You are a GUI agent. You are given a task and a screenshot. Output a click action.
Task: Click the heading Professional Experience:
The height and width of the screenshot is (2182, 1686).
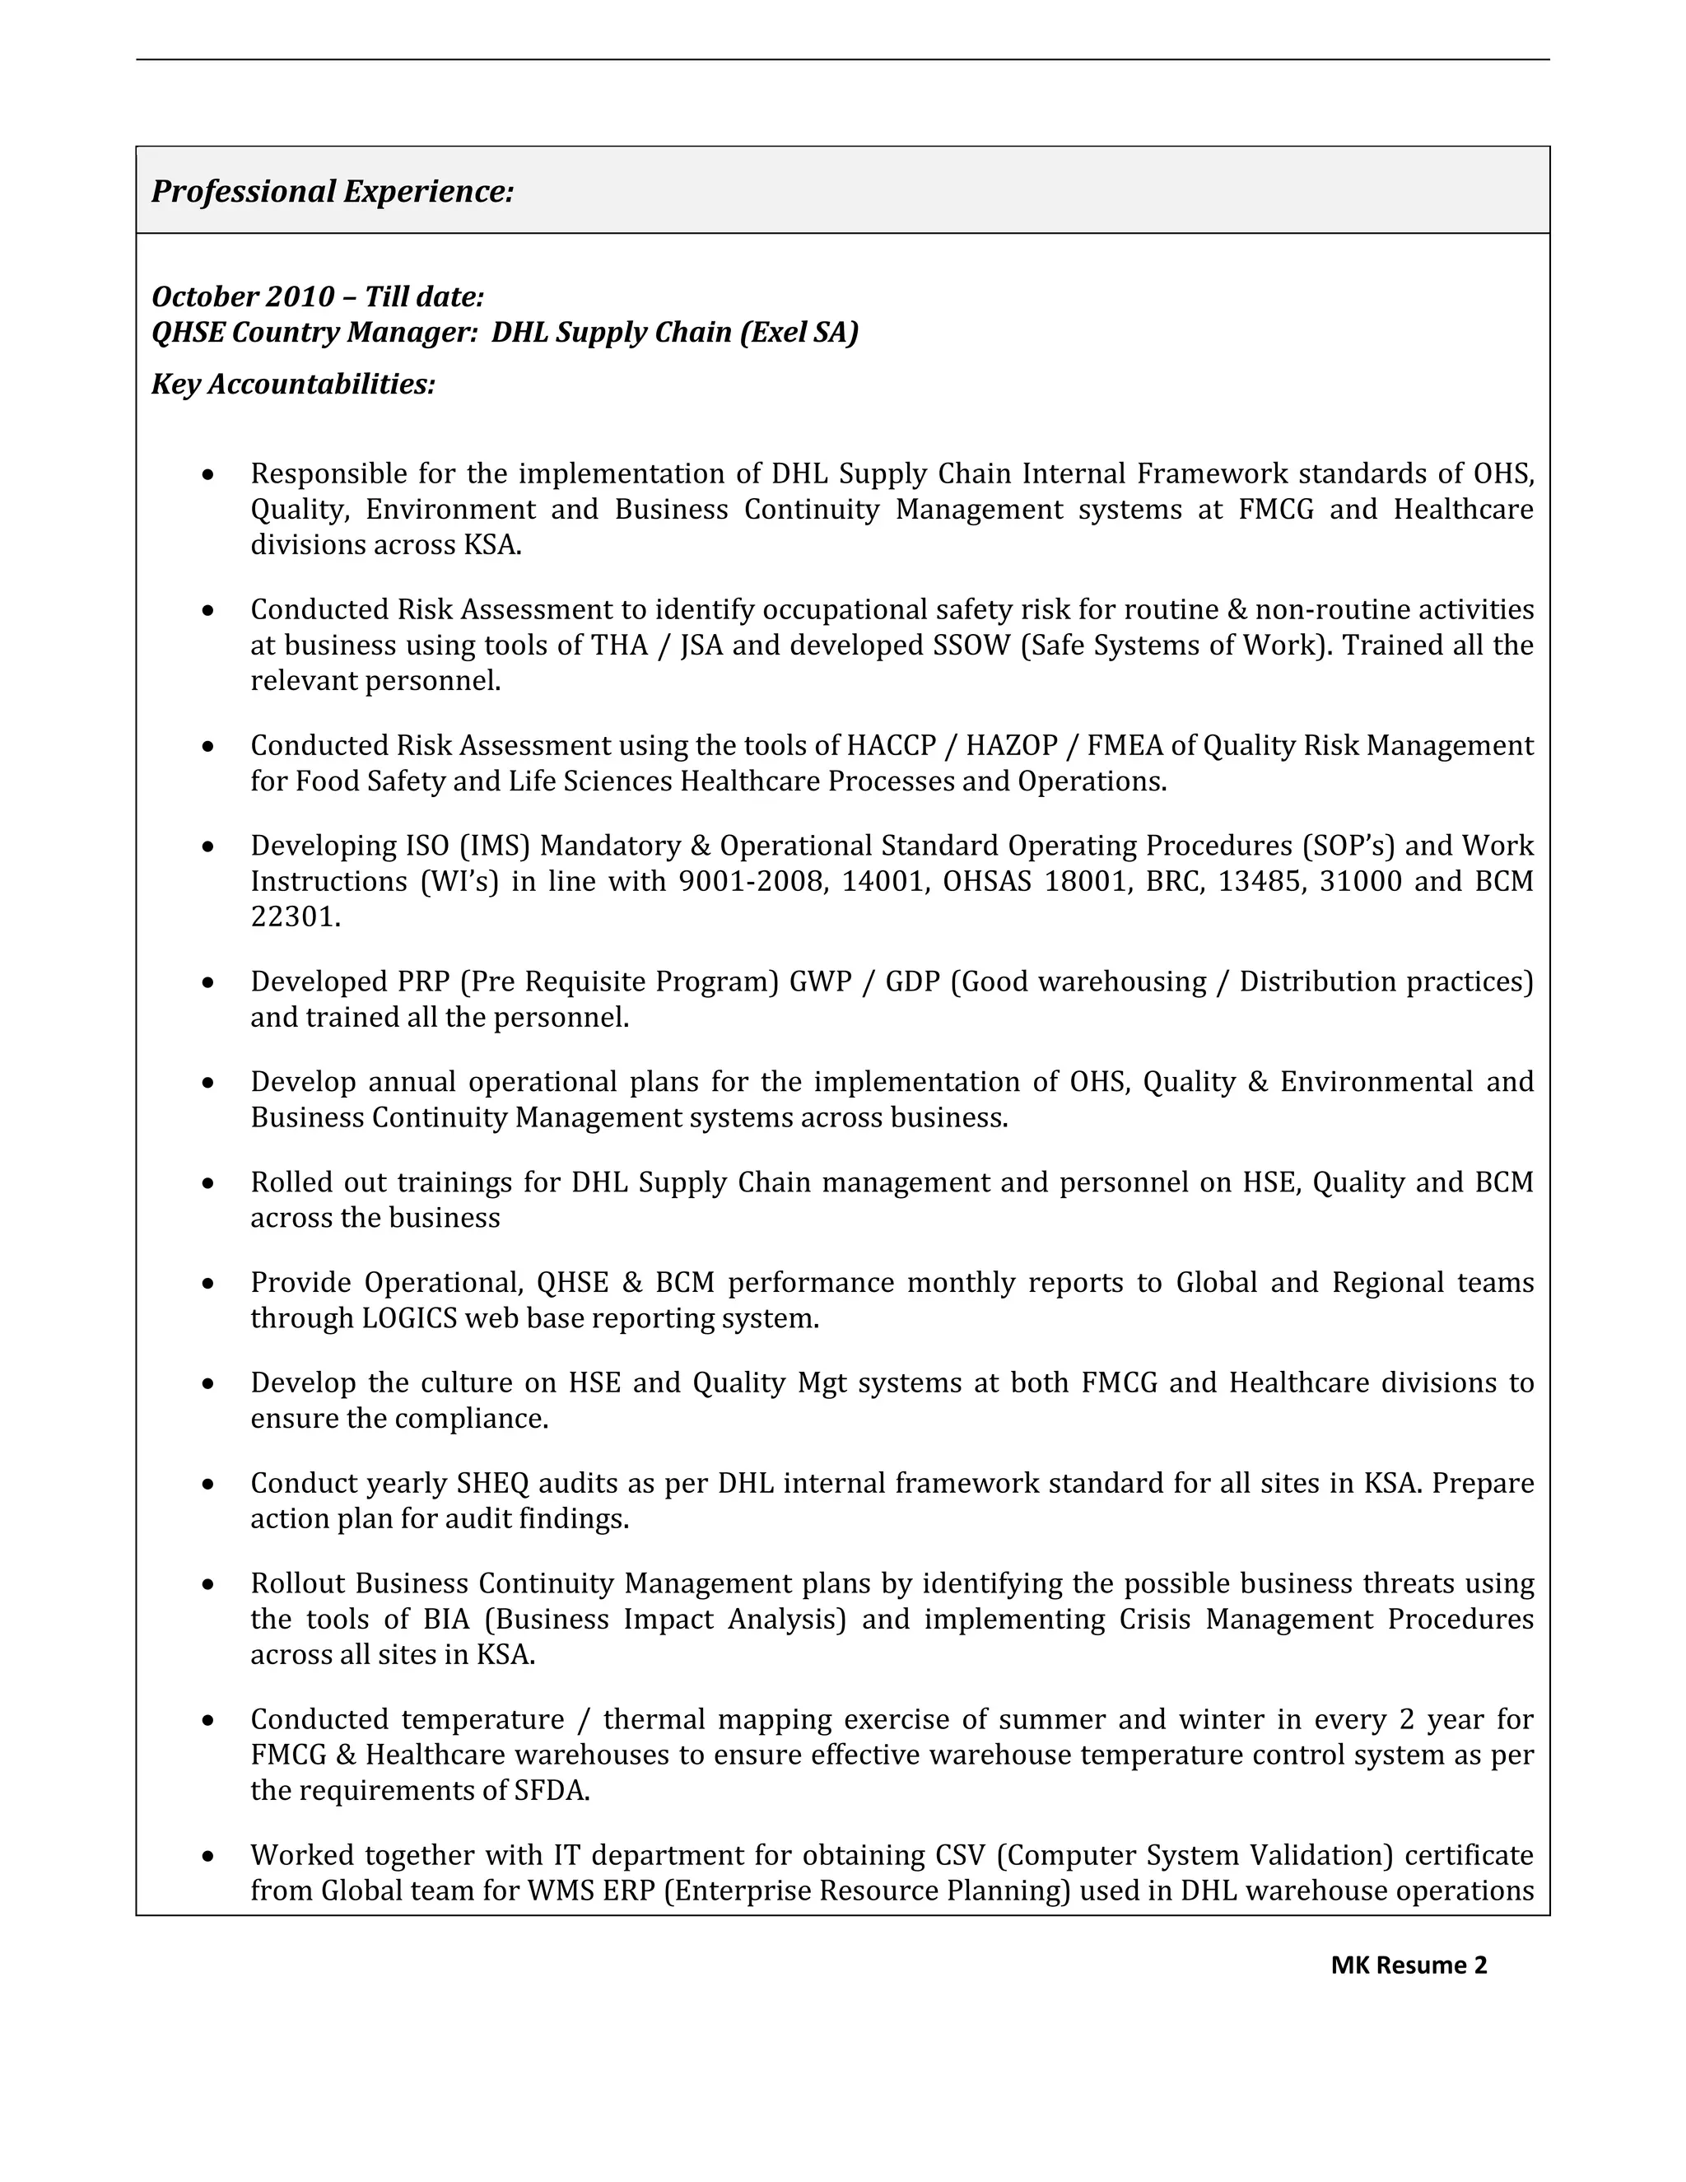333,191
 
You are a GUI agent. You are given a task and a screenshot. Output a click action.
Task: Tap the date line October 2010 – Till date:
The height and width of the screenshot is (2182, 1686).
318,296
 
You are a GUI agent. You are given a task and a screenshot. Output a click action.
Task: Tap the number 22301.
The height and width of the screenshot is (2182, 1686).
296,917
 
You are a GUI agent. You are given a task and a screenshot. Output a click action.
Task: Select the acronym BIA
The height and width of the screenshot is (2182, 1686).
445,1619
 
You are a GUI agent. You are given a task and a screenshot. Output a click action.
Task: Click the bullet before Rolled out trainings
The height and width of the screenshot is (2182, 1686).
207,1184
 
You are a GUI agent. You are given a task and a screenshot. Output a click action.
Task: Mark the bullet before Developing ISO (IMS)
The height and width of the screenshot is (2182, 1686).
207,847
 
